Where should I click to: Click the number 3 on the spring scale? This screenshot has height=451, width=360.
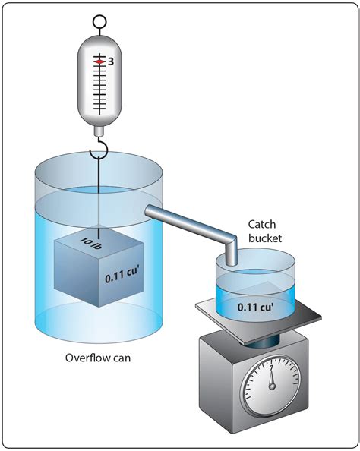point(111,61)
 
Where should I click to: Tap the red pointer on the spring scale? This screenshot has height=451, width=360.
point(99,61)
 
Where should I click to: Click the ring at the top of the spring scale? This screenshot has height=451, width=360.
point(99,21)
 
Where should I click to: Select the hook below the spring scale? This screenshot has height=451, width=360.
point(99,148)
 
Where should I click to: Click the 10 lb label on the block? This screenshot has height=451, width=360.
point(90,243)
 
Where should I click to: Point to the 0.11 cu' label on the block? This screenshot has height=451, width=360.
point(122,276)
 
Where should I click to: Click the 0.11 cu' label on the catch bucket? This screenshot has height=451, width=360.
point(255,307)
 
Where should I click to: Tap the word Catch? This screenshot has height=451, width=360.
point(262,224)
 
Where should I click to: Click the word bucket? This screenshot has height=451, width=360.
point(265,238)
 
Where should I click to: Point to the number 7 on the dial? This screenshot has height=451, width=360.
point(271,367)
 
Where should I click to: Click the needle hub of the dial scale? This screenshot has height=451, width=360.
point(272,386)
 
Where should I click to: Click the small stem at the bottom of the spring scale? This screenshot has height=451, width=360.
point(99,132)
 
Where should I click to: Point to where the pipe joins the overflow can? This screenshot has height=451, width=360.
point(148,211)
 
